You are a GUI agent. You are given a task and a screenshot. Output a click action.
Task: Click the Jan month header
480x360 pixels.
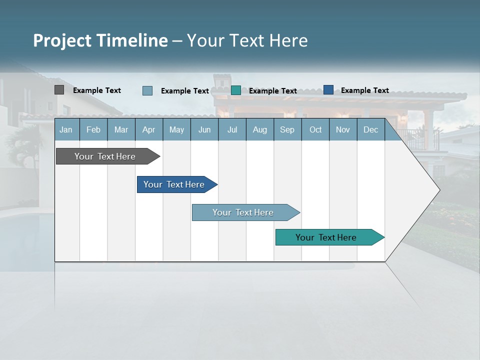(66, 129)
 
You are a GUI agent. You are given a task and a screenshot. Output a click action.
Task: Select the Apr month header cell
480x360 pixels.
(149, 129)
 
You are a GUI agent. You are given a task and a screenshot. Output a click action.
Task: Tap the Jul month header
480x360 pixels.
(232, 129)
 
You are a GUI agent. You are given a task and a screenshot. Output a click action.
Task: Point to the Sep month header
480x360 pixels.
(287, 129)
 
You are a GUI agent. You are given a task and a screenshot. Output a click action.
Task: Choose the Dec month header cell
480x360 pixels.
(370, 129)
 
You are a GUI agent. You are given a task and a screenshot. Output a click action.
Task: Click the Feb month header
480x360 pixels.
(93, 129)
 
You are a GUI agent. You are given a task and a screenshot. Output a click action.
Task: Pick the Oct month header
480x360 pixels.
(315, 129)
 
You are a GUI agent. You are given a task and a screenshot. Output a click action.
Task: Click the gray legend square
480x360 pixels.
(59, 90)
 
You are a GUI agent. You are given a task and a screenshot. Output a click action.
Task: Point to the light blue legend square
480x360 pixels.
(147, 90)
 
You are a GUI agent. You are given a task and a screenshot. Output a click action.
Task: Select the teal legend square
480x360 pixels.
(236, 90)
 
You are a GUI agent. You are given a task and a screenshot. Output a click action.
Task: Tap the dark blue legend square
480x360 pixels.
(328, 90)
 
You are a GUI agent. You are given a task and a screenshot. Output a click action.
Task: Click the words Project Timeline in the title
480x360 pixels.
(100, 40)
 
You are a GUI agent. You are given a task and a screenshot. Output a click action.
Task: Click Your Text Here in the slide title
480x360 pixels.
(247, 40)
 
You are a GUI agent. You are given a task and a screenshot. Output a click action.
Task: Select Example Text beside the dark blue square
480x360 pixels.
(364, 90)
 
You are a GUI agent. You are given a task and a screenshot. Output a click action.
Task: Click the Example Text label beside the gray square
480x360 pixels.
(97, 90)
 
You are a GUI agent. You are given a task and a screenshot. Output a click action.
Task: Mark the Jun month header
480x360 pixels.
(204, 129)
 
